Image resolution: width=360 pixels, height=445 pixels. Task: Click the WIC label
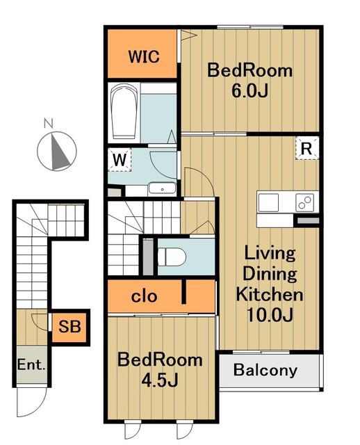144,56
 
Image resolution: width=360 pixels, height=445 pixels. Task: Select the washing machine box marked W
120,159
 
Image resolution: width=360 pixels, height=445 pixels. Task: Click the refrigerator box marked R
306,148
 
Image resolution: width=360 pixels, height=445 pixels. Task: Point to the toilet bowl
172,257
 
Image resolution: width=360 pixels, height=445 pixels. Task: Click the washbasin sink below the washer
162,189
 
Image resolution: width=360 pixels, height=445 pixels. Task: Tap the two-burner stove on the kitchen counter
304,202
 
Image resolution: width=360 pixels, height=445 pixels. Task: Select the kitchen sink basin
269,202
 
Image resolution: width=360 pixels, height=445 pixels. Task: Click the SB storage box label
69,326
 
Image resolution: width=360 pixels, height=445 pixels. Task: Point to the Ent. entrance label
31,364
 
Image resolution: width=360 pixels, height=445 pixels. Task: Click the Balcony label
265,370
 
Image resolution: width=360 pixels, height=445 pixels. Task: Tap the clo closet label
144,297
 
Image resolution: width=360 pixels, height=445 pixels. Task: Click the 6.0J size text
249,91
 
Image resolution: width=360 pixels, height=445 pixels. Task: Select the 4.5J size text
160,380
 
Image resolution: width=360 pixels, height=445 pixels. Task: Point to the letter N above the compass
49,124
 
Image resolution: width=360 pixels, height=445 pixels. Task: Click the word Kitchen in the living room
270,294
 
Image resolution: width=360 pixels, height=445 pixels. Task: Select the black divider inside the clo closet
184,292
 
